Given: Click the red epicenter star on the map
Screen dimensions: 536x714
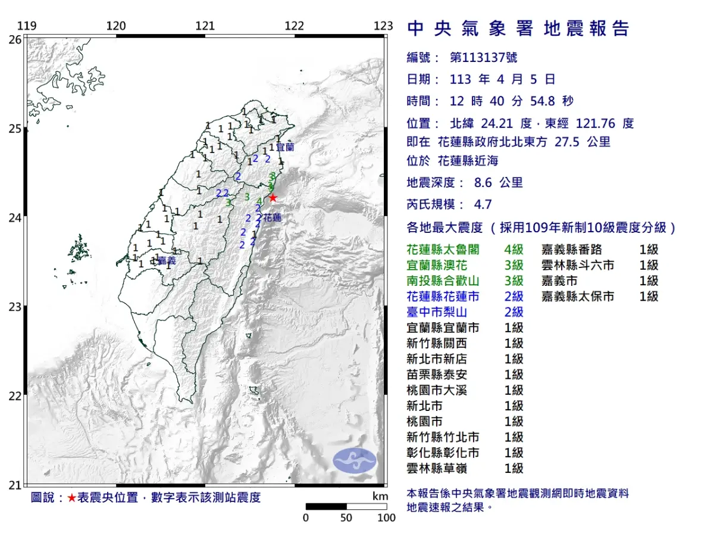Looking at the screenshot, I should coord(273,198).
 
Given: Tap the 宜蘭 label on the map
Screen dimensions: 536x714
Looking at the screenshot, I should coord(286,147).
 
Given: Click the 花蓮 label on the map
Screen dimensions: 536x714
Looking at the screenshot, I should coord(272,218).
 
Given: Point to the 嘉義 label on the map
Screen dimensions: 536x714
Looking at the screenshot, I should coord(167,260).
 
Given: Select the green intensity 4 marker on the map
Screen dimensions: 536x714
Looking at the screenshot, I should coord(259,201).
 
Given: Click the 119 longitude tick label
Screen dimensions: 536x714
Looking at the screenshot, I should coord(26,26).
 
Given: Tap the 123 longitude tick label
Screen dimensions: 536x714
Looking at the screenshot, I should coord(384,26).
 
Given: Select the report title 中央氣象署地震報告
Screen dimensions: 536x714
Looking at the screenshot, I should coord(518,29).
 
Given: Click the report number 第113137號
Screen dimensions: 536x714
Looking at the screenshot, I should coord(483,58).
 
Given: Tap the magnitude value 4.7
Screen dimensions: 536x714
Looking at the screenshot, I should coord(483,204).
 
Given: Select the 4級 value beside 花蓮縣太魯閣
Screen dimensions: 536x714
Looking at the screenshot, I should coord(513,250).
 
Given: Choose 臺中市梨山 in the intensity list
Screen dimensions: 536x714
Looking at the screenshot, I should coord(435,312).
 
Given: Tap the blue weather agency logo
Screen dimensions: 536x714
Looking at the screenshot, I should coord(355,460).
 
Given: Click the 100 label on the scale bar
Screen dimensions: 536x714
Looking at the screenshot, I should coord(386,518).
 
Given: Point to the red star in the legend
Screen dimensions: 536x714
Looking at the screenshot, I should coord(71,498).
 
